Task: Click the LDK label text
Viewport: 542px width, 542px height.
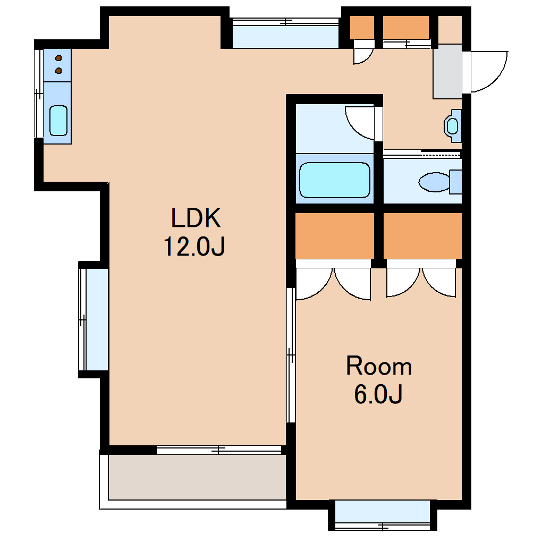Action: click(196, 218)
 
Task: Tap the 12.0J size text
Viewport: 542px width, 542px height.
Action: click(194, 246)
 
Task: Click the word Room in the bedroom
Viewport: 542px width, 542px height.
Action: click(379, 366)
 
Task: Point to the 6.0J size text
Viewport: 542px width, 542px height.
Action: click(378, 394)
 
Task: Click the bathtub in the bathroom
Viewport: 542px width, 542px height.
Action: click(335, 180)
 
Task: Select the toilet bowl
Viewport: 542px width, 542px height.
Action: click(435, 182)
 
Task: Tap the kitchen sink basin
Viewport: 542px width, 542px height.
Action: click(58, 120)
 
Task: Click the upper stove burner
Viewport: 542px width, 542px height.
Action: click(59, 58)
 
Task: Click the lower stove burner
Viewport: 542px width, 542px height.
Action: click(59, 71)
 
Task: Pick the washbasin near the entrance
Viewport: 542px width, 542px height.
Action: click(453, 126)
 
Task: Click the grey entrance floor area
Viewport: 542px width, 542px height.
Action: click(447, 72)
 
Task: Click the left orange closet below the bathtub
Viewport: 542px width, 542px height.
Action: click(335, 236)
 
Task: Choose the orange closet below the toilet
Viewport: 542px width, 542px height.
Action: click(422, 236)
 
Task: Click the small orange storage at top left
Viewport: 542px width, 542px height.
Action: click(362, 27)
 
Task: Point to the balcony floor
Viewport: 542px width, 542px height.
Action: click(197, 477)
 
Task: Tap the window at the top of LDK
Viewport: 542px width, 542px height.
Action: click(285, 33)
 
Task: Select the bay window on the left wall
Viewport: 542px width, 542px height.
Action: click(94, 319)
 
